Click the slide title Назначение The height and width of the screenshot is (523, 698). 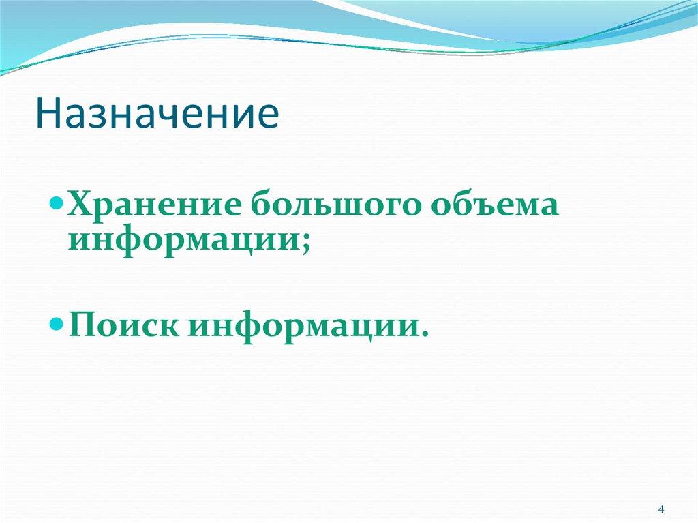(158, 114)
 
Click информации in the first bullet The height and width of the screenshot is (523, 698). (185, 241)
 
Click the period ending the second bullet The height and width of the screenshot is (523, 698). (425, 333)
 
